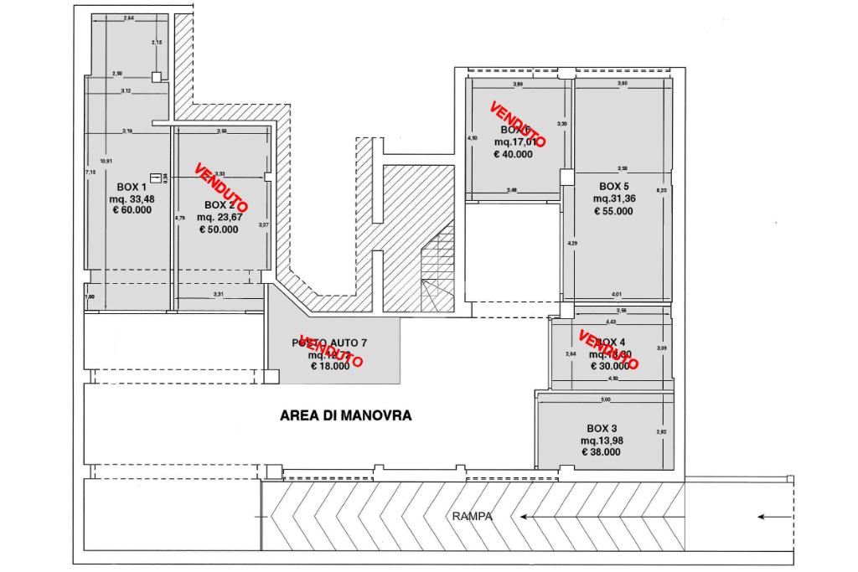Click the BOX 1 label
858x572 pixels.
[x=132, y=186]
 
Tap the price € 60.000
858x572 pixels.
[x=132, y=210]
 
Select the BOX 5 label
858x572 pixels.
[x=614, y=186]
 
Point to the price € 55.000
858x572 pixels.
[x=613, y=211]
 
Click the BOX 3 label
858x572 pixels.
[x=602, y=427]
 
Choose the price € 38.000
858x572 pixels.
[x=602, y=451]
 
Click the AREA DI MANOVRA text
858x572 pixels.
[x=345, y=415]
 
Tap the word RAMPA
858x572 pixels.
[x=473, y=517]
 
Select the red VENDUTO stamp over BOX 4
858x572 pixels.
[x=609, y=350]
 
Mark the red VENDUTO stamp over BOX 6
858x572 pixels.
[x=518, y=125]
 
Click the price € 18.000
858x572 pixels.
[x=331, y=366]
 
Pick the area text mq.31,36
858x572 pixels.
[x=613, y=198]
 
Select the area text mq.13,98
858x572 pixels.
[x=602, y=440]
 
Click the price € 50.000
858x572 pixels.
[x=218, y=229]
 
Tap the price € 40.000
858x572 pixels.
[x=513, y=154]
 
